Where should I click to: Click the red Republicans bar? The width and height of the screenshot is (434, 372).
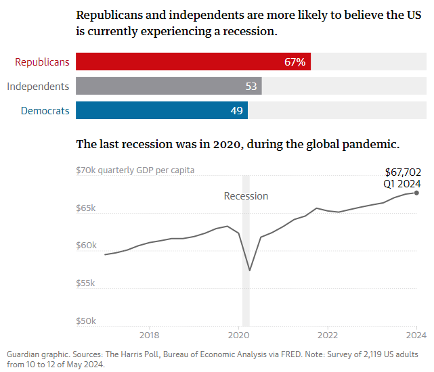[193, 62]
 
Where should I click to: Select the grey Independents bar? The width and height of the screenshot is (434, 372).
[169, 86]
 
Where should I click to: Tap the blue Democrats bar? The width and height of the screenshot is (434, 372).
[162, 110]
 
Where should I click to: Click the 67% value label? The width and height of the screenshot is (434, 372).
[295, 62]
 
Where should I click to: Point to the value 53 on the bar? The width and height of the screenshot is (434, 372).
[251, 87]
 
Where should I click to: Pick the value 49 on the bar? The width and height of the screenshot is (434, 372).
[237, 110]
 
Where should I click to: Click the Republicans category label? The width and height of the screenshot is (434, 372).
[42, 62]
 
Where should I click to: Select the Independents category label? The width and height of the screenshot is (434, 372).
[38, 86]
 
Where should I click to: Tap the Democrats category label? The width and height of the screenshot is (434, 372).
[45, 110]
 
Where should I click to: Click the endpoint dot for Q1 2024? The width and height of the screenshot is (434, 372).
[416, 193]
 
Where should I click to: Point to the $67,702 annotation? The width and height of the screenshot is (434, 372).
[403, 172]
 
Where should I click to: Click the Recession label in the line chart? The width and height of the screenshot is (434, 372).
[246, 196]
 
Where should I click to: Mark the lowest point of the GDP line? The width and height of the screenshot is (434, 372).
[250, 271]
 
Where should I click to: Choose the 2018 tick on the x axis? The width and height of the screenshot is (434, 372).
[149, 334]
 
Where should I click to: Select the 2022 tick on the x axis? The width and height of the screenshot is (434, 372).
[328, 334]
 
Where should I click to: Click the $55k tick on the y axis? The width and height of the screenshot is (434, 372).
[86, 283]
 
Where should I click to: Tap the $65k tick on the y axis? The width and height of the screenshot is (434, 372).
[86, 208]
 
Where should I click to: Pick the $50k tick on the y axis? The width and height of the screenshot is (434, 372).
[86, 321]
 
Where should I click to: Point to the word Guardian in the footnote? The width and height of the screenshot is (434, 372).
[25, 354]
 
